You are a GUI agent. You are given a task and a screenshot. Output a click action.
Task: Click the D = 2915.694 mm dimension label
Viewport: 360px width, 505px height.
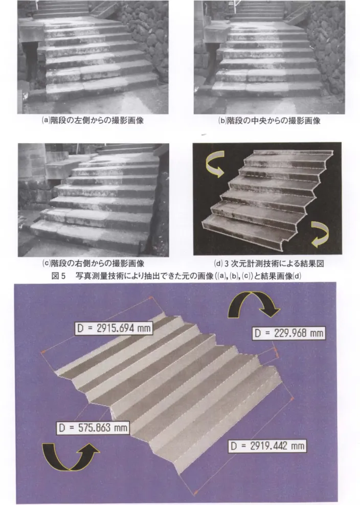point(114,328)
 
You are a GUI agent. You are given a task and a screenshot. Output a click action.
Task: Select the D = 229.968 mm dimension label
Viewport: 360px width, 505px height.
point(288,333)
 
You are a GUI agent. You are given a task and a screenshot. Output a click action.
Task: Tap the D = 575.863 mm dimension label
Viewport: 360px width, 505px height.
point(94,427)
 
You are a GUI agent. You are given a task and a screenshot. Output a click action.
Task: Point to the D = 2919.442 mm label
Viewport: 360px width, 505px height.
point(267,446)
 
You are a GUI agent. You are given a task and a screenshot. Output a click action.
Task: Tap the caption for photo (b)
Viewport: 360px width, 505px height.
point(269,121)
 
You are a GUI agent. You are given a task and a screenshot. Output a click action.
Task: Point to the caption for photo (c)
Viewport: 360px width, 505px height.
point(93,263)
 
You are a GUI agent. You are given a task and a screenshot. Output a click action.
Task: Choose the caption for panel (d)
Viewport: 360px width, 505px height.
point(269,263)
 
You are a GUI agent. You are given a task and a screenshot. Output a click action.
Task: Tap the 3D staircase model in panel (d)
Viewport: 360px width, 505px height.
point(267,198)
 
